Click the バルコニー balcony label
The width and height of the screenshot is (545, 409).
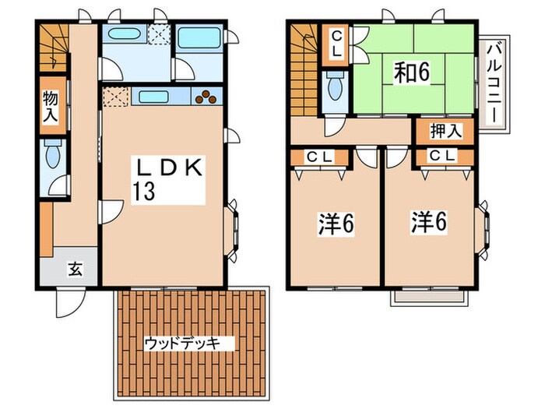493,84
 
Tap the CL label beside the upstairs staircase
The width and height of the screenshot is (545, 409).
337,42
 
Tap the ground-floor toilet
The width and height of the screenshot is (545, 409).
53,158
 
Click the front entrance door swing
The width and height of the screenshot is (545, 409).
65,301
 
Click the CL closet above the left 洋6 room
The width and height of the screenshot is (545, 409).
319,157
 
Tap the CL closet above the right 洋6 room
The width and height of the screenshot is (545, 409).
441,157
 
